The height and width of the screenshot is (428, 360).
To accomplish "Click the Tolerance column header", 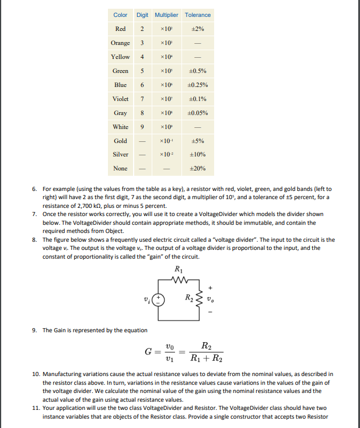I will (x=198, y=15).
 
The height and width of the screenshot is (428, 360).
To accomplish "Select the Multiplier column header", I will (x=167, y=15).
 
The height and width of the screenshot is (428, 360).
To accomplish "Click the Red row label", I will (x=121, y=29).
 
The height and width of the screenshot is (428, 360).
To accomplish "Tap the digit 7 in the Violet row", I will (x=142, y=99).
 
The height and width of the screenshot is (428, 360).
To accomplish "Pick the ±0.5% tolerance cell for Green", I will (x=198, y=71).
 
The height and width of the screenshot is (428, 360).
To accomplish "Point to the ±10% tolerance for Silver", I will (x=198, y=155).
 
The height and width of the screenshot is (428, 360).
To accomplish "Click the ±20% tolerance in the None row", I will (x=198, y=169).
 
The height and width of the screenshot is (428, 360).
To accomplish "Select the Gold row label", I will (x=121, y=141).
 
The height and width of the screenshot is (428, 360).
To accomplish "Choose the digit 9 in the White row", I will (x=142, y=127).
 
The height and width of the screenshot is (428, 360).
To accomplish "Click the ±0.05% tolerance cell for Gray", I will (x=198, y=113).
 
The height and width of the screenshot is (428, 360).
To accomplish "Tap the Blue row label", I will (x=121, y=85).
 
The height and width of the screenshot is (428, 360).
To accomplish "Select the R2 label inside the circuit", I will (x=189, y=300).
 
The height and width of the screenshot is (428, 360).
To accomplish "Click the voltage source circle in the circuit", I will (x=156, y=300).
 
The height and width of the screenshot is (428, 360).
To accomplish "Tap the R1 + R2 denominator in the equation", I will (x=207, y=358).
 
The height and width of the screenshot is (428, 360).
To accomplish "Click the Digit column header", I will (x=142, y=15).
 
